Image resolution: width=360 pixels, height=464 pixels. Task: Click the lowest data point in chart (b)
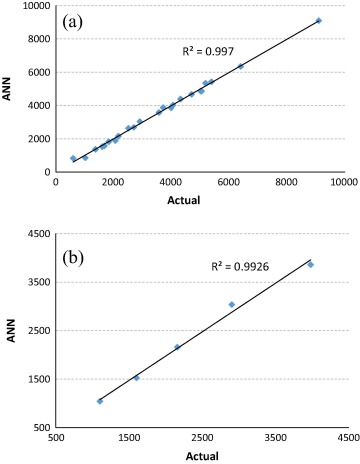[x=100, y=401]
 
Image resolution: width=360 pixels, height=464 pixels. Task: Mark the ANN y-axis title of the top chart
[x=9, y=89]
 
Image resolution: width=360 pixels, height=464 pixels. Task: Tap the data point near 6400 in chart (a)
[x=241, y=66]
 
